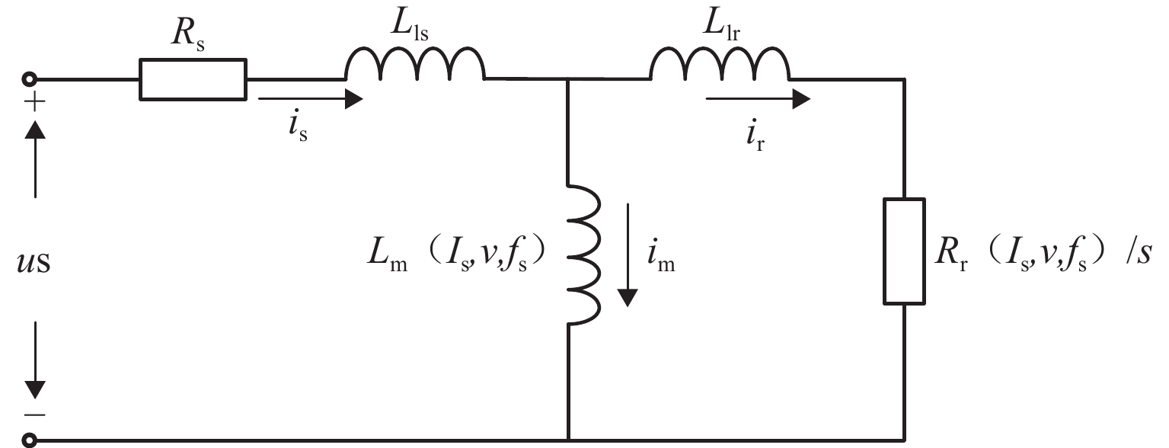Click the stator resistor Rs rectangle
(193, 79)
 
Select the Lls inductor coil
(414, 66)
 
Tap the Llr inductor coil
(719, 66)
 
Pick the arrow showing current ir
(758, 98)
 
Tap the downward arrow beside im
(627, 251)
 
